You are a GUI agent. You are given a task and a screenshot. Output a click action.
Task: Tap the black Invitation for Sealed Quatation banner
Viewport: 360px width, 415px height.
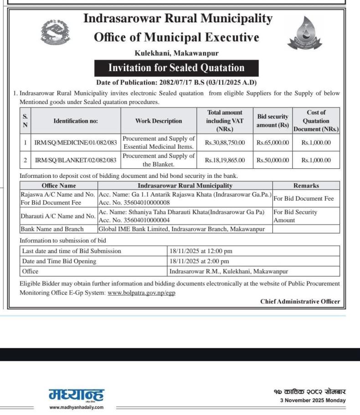coord(176,68)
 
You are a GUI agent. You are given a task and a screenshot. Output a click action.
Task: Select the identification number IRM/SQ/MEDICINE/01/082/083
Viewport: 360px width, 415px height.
coord(76,143)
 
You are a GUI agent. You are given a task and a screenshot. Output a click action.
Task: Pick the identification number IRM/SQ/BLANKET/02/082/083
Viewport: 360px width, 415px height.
coord(76,160)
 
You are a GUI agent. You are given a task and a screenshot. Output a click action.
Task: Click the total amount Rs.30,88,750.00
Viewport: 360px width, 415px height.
coord(225,143)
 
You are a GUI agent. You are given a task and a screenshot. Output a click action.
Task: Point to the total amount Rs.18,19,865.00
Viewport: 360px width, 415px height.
coord(225,160)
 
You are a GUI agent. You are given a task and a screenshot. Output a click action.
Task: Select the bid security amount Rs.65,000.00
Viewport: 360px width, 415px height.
coord(273,143)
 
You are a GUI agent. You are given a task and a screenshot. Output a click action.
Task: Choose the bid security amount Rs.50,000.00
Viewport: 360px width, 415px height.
coord(273,160)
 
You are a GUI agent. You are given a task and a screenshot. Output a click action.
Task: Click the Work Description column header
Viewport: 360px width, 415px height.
coord(158,121)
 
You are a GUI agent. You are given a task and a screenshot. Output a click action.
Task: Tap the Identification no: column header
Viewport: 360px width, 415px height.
coord(76,121)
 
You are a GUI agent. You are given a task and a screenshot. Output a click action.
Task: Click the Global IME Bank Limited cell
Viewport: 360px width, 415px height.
coord(181,229)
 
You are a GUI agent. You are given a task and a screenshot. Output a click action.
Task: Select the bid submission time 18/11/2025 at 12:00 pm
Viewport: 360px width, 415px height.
coord(201,251)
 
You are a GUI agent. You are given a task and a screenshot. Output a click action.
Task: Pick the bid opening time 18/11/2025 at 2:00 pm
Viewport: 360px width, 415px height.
coord(199,261)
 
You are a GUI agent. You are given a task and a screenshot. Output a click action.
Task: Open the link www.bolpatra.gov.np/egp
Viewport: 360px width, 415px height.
coord(141,293)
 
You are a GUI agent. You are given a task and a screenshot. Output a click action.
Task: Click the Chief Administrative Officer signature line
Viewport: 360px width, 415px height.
coord(300,301)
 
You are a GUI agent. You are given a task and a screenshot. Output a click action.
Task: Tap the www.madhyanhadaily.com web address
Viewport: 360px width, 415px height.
coord(76,407)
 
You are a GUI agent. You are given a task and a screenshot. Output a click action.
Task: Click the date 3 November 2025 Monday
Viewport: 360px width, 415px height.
coord(313,400)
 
